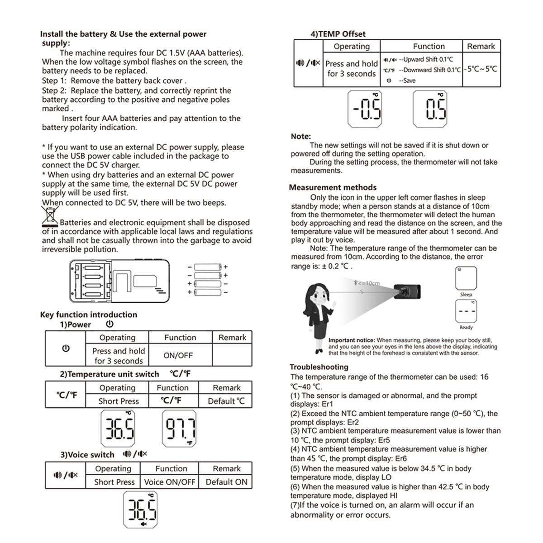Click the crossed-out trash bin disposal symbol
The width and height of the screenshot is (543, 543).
50,216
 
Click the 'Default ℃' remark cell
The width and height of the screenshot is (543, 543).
226,401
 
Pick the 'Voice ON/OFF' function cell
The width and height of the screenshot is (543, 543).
169,482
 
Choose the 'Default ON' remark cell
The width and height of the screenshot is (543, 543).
226,482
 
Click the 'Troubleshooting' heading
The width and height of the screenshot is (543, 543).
319,367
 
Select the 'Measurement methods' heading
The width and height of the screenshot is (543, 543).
333,187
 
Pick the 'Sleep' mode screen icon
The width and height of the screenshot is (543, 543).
466,278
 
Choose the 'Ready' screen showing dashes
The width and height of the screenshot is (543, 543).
466,312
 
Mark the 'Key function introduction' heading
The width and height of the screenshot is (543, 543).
89,315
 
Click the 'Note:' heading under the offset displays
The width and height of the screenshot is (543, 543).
301,136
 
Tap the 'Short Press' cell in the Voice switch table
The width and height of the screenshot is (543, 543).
114,482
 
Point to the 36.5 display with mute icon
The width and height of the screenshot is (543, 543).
141,510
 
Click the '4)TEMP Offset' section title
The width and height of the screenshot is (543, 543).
338,34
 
